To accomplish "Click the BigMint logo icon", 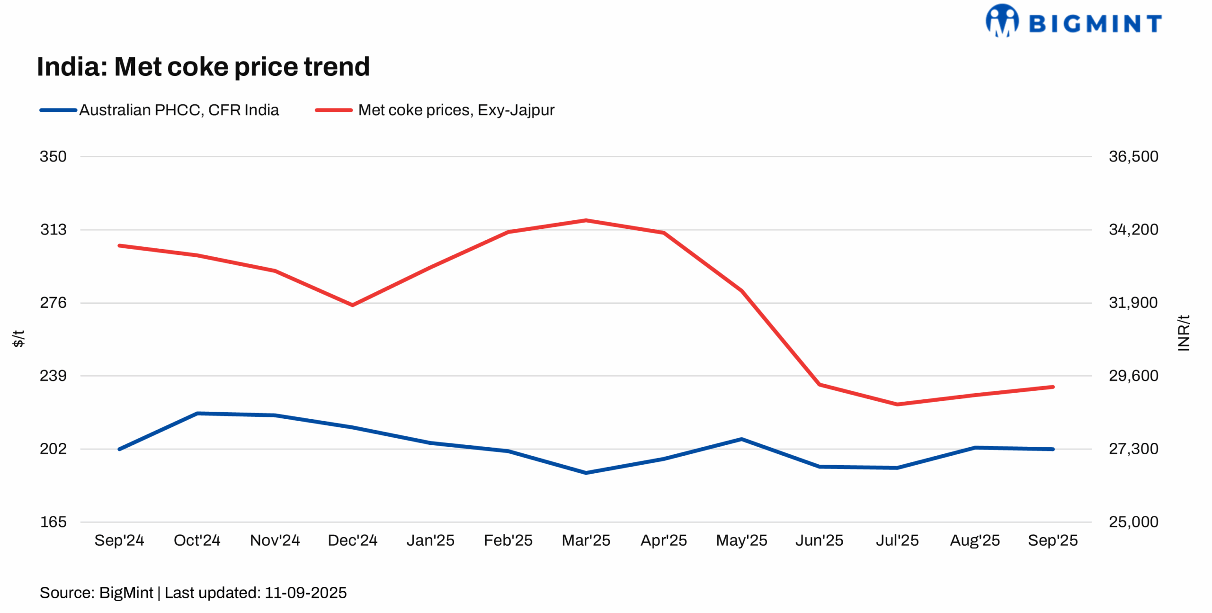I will [1002, 20].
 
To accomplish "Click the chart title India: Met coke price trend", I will [203, 66].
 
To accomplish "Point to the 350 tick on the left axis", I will [53, 156].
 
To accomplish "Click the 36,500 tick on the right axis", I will [1133, 156].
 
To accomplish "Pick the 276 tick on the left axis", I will [53, 302].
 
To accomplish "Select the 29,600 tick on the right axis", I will [1133, 376].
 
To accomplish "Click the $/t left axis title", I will [18, 338].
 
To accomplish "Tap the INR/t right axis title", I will [1183, 333].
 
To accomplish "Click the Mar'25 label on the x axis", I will [586, 540].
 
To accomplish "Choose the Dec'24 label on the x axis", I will [352, 540].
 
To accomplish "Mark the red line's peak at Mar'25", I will [586, 220].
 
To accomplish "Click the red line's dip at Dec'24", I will [352, 305].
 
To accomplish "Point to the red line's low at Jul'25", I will [897, 404].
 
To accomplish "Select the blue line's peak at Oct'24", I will [197, 413].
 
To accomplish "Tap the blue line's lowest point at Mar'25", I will [586, 473].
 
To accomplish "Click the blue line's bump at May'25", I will [741, 439].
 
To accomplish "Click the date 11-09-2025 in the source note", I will [305, 593].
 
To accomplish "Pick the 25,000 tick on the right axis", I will [1133, 522].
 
